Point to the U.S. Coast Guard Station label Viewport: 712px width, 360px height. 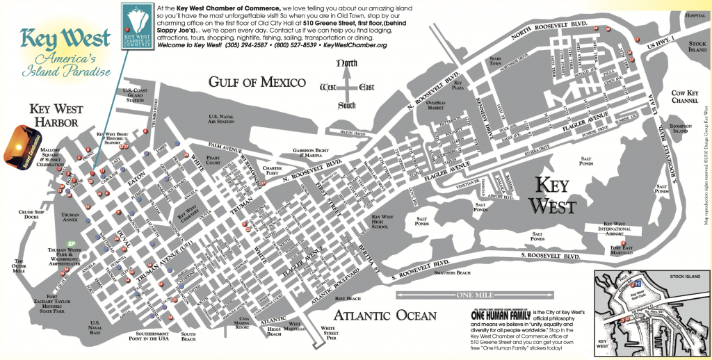click(136, 95)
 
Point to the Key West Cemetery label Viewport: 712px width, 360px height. click(186, 216)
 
